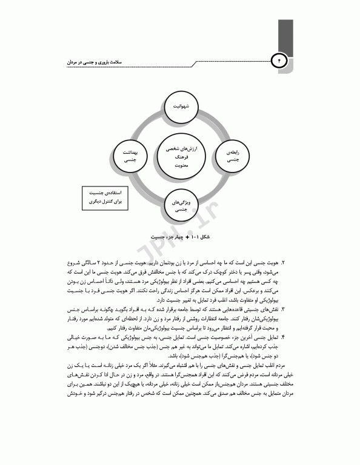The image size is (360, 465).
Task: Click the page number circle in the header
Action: point(279,61)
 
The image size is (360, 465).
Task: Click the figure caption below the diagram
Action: point(180,237)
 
